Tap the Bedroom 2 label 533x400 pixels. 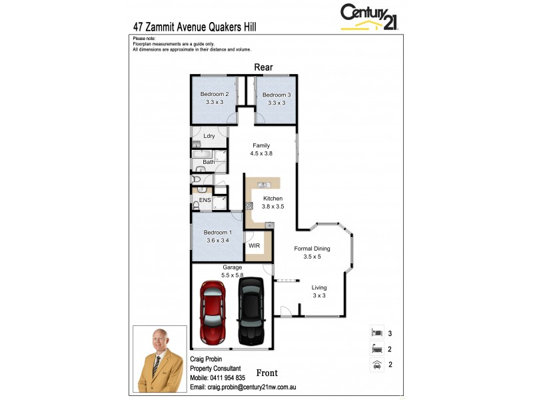(215, 95)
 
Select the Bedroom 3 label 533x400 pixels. (276, 95)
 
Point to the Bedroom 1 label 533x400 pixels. (215, 232)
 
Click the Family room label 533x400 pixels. (262, 145)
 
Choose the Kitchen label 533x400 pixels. (272, 199)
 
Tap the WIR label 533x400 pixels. (254, 246)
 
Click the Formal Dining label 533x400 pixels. (312, 249)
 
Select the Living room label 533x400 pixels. (319, 287)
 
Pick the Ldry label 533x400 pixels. (209, 136)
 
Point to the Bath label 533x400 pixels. (209, 161)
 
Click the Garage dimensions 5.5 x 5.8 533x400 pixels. (232, 275)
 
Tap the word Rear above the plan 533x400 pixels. (263, 67)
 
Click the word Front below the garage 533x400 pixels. (266, 373)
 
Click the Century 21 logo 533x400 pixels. (369, 17)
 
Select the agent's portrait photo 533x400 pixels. (159, 359)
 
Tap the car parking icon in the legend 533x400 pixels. (376, 364)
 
